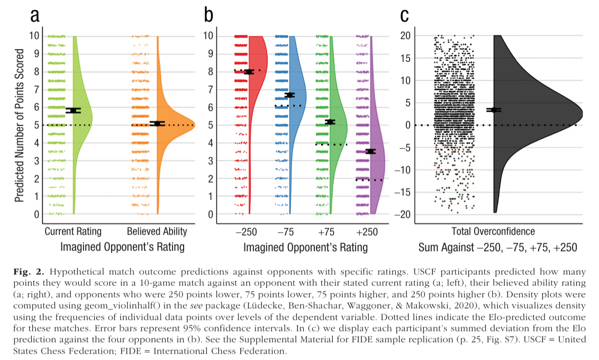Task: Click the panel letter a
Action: click(35, 16)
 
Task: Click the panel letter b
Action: click(208, 16)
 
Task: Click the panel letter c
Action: click(405, 16)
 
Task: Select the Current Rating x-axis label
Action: click(73, 231)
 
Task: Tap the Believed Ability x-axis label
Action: click(157, 231)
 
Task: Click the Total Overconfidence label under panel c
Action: click(493, 231)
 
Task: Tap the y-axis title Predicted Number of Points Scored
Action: click(19, 125)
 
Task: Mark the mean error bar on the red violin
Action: click(249, 71)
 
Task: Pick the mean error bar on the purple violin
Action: click(370, 151)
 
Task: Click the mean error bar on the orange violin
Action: click(157, 123)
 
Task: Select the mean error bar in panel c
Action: click(494, 110)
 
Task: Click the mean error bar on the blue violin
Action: click(289, 95)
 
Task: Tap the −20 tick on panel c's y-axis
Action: click(404, 214)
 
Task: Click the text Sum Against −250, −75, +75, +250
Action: click(497, 247)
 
